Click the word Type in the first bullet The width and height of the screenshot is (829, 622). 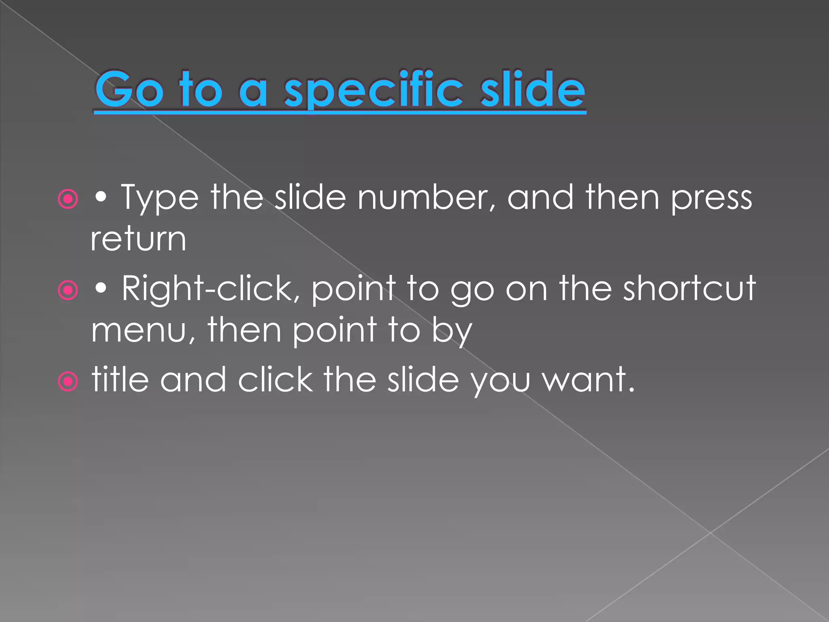point(160,198)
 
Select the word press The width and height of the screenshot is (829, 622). point(711,198)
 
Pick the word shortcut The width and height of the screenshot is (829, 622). point(689,288)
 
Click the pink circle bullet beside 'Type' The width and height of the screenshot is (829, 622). point(68,199)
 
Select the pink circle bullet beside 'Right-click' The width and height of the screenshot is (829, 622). point(68,290)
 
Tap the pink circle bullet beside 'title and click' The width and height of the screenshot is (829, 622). point(68,381)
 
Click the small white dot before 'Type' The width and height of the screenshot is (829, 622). point(101,198)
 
